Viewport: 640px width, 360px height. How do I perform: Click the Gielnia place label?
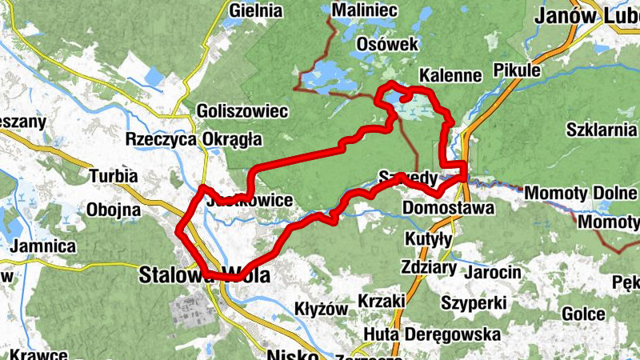[x=256, y=11]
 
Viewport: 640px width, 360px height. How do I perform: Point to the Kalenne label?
[x=450, y=75]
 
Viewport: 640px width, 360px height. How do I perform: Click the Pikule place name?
[x=518, y=70]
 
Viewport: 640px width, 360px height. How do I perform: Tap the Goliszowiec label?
[x=230, y=111]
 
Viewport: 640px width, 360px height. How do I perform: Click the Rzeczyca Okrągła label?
[x=194, y=139]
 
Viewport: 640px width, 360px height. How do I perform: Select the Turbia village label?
[x=114, y=176]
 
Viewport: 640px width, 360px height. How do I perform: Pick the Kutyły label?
[x=429, y=239]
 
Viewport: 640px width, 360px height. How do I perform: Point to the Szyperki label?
[x=474, y=303]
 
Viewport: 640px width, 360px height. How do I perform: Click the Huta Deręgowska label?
[x=432, y=334]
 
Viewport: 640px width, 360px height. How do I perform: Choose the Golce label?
[x=582, y=314]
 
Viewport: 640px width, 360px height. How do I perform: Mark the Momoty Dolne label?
[x=570, y=193]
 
